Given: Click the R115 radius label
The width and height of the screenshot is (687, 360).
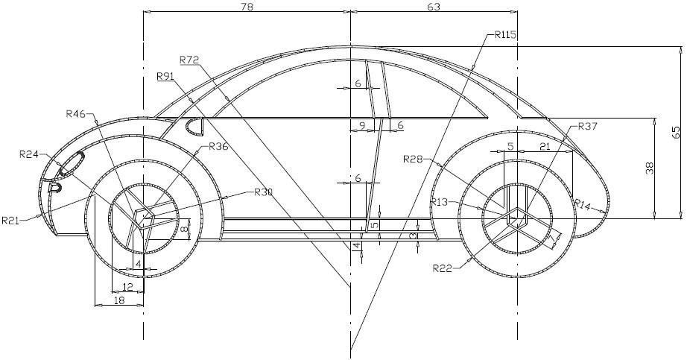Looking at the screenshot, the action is (504, 35).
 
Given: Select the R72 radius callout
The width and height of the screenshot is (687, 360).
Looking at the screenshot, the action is (190, 60).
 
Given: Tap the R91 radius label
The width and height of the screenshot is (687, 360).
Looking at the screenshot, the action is (165, 76).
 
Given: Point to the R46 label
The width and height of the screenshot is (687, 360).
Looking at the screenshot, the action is (76, 114).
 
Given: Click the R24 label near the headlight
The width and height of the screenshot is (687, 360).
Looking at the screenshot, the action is (29, 154).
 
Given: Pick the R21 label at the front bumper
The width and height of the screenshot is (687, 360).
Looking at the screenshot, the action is (11, 220).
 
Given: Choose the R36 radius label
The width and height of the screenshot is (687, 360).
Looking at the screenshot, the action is (218, 146).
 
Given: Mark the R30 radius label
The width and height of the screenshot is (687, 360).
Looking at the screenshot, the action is (263, 192).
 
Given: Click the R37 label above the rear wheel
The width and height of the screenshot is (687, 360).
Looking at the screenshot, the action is (588, 127).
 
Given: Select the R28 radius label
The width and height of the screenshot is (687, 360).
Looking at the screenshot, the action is (413, 159).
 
